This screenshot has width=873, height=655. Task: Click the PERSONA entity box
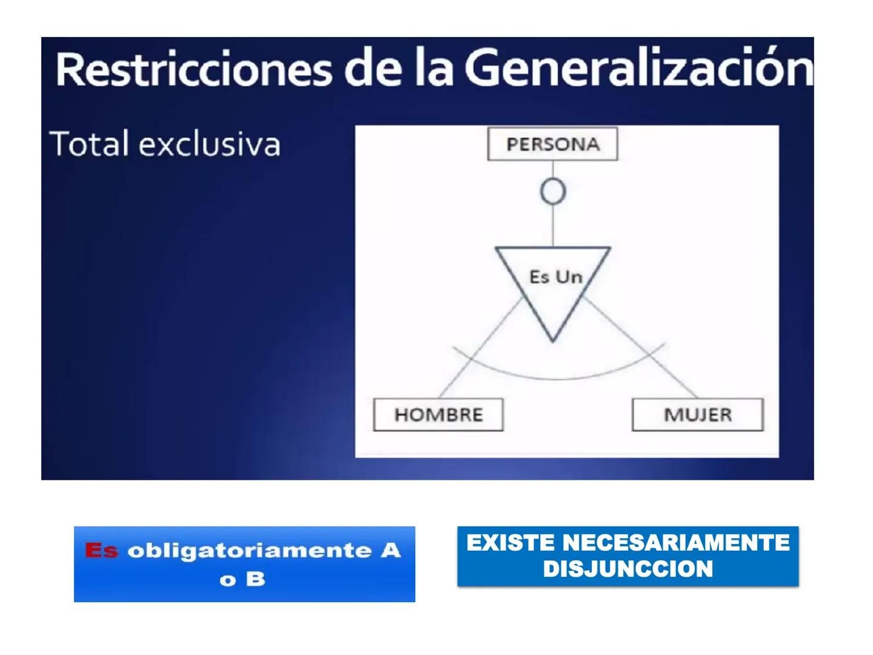click(x=552, y=144)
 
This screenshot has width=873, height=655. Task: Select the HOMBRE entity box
click(x=438, y=415)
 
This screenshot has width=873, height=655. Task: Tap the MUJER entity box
click(x=697, y=415)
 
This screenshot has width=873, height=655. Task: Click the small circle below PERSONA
click(x=552, y=192)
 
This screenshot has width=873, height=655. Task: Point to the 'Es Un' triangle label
click(x=555, y=277)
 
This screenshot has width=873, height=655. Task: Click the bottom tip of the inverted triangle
click(x=552, y=339)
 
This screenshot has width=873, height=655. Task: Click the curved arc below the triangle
click(x=558, y=377)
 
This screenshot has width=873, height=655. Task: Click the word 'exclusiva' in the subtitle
click(x=209, y=144)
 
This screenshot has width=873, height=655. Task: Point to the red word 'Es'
click(x=101, y=551)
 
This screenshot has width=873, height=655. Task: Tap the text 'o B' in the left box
click(x=242, y=580)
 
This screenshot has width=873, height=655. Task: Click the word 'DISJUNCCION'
click(x=627, y=569)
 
